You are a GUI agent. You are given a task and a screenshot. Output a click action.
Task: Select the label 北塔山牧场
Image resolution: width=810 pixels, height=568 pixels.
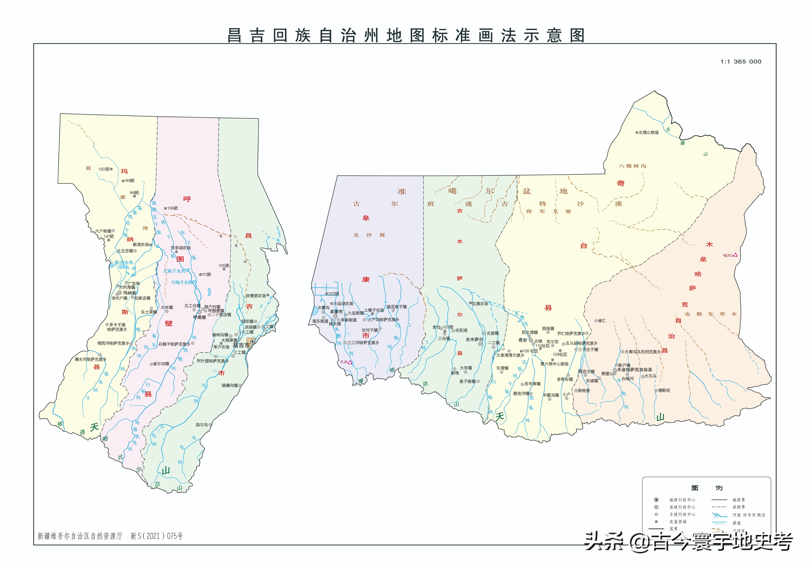point(648,133)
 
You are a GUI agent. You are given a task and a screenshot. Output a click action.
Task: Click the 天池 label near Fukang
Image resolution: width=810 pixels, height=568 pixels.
point(344,362)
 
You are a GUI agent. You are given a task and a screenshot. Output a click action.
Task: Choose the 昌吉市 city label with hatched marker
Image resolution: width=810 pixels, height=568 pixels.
point(241,346)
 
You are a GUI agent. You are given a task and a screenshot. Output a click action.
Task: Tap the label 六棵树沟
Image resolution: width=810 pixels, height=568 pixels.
point(632,166)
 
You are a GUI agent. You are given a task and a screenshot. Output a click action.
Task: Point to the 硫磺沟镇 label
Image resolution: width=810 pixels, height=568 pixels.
point(230,385)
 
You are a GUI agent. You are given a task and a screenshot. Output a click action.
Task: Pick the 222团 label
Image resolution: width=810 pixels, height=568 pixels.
point(333,294)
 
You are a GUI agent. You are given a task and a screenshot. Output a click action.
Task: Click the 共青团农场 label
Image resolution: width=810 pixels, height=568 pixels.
point(255,296)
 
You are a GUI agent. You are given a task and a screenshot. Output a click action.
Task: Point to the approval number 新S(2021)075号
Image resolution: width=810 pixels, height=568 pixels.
point(157,536)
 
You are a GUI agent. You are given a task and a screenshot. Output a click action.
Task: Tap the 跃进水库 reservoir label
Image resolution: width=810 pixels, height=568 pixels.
point(124,263)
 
